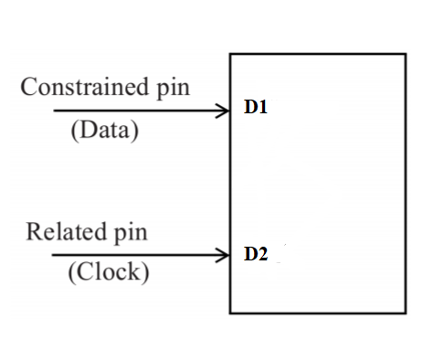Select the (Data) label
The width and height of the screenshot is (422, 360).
[104, 130]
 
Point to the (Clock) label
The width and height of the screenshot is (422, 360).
[108, 272]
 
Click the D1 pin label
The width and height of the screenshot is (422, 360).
[255, 108]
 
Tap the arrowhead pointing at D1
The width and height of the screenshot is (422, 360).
[224, 111]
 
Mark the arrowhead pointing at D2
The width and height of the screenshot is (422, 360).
[224, 255]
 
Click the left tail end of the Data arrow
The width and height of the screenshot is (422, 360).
[54, 111]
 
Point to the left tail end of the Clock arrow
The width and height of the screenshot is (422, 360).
[52, 255]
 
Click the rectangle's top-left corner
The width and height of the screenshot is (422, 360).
[230, 54]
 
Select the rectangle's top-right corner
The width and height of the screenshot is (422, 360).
[406, 54]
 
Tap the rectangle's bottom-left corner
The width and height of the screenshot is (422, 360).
[230, 313]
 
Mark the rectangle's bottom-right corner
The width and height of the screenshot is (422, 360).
[406, 313]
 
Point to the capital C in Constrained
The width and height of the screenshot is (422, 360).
[28, 88]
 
